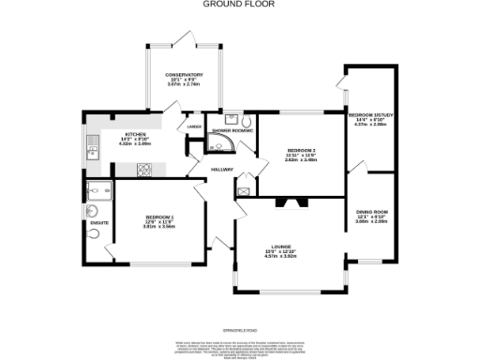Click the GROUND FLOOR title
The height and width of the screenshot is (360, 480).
click(x=239, y=4)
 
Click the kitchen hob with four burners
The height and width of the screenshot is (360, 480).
click(x=145, y=170)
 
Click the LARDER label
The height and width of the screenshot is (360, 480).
click(x=194, y=126)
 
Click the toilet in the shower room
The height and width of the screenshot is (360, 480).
click(x=246, y=121)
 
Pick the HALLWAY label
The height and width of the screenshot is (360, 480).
click(x=222, y=169)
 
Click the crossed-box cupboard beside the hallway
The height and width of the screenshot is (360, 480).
click(x=244, y=191)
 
